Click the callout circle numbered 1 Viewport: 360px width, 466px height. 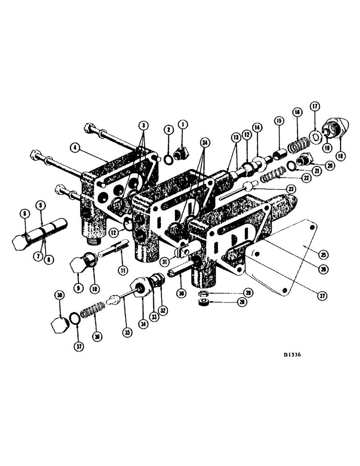(182, 125)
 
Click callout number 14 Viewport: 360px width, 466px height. (256, 127)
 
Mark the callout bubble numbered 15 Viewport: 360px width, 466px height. (278, 121)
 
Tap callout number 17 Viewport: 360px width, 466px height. (315, 106)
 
